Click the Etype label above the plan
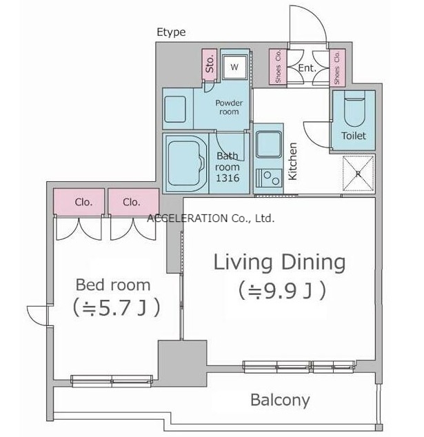(171, 32)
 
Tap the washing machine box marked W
(234, 67)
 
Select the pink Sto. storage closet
(210, 64)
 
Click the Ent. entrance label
(307, 68)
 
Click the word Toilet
(354, 136)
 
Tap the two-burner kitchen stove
(269, 178)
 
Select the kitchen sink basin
(269, 144)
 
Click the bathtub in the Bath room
(185, 163)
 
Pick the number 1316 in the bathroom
(228, 178)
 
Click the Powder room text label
(229, 108)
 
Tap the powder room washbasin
(175, 109)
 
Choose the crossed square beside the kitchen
(358, 173)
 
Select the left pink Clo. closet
(79, 201)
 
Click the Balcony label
(280, 400)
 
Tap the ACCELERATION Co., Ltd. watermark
(211, 218)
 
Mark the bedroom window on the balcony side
(112, 381)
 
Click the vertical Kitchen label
(293, 161)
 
